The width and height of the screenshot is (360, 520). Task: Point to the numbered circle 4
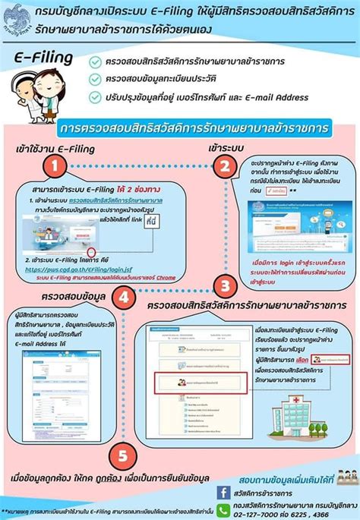click(124, 299)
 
